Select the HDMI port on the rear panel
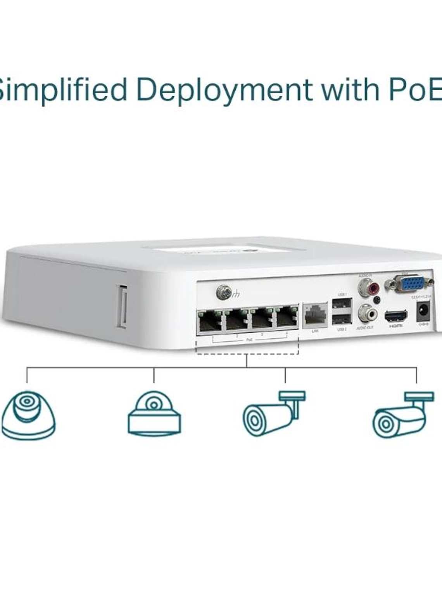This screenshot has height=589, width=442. pyautogui.click(x=395, y=316)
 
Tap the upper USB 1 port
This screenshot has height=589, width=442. pyautogui.click(x=342, y=303)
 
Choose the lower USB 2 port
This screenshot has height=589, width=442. pyautogui.click(x=342, y=319)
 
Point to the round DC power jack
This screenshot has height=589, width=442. pyautogui.click(x=423, y=312)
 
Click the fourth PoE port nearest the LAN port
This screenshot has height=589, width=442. pyautogui.click(x=287, y=319)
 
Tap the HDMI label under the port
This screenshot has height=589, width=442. pyautogui.click(x=395, y=326)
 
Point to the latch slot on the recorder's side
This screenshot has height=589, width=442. pyautogui.click(x=122, y=307)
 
